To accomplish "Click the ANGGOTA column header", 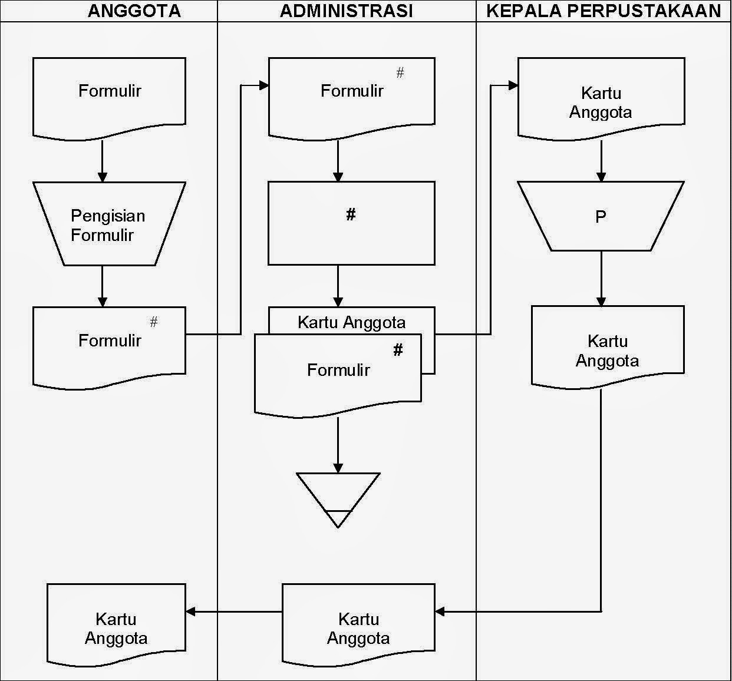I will (x=134, y=11).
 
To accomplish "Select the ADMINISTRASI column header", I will (x=346, y=11).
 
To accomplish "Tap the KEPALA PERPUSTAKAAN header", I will (x=604, y=11).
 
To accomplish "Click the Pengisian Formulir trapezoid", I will (x=109, y=224).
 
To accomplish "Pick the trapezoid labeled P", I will (x=601, y=217).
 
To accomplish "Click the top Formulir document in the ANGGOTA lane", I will (x=109, y=94).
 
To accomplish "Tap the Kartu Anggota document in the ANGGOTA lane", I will (x=116, y=626).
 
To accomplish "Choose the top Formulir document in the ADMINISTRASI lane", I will (x=351, y=94).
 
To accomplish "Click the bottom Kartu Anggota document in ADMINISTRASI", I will (x=358, y=626).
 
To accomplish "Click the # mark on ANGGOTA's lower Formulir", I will (x=154, y=322).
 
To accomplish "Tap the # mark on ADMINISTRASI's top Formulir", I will (x=400, y=73).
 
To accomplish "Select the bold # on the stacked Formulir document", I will (x=398, y=351).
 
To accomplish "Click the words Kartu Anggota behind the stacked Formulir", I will (x=351, y=322).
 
